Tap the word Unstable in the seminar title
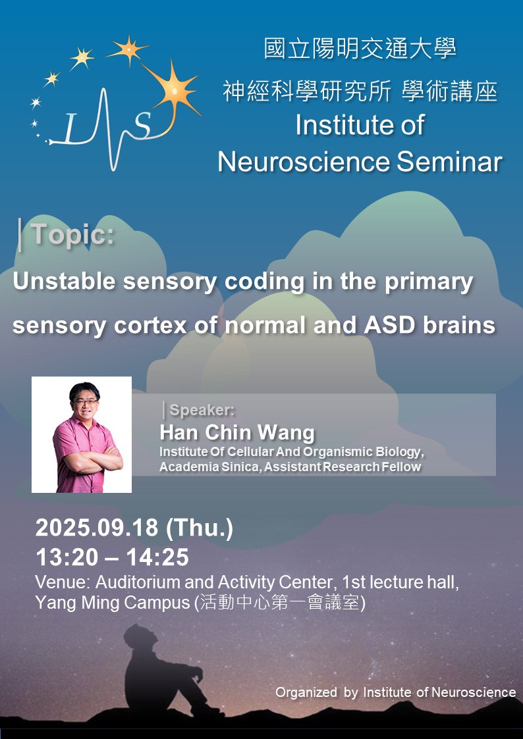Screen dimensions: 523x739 [64, 282]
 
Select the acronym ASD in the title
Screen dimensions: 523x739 [390, 324]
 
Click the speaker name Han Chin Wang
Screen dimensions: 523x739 [236, 432]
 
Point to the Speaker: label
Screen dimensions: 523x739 [202, 410]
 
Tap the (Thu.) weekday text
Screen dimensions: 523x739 [200, 528]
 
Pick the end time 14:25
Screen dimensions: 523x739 [157, 558]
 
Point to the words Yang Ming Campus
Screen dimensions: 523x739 [112, 603]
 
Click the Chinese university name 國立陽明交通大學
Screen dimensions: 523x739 [360, 49]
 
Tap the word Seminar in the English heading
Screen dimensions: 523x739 [449, 162]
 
